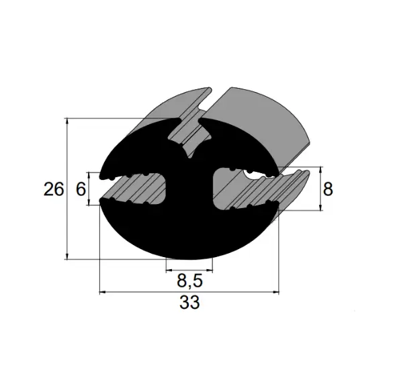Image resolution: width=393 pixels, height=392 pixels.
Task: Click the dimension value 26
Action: click(54, 189)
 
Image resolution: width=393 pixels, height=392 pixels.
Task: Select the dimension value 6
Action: click(80, 189)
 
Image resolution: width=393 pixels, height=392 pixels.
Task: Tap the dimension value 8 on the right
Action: click(329, 189)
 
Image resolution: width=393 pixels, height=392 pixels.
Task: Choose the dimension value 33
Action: click(189, 303)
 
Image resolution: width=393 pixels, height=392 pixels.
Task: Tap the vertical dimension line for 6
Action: click(90, 189)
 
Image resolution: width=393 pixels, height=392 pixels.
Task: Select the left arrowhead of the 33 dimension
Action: click(103, 293)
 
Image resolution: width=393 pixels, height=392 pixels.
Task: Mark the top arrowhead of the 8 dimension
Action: click(318, 169)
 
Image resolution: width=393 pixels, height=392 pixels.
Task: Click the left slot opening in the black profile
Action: click(134, 189)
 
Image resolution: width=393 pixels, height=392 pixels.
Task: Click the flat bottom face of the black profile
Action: click(189, 256)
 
